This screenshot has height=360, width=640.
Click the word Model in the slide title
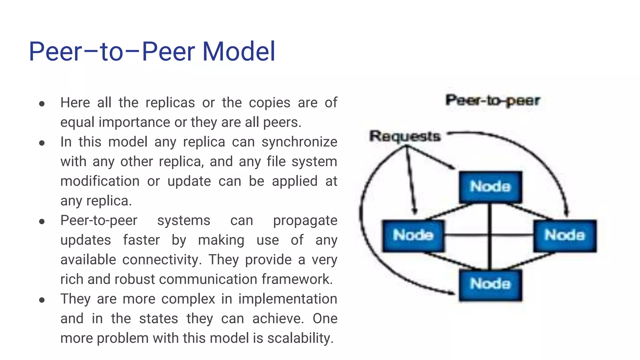239,52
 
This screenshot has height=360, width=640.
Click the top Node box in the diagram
490,187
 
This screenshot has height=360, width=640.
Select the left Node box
413,235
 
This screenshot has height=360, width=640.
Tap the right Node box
565,235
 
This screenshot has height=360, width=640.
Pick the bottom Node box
490,284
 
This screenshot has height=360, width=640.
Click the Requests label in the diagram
405,137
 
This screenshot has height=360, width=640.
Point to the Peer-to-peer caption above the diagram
492,101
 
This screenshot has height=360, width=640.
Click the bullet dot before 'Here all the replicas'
42,104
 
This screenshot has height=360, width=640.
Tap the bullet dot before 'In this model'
42,143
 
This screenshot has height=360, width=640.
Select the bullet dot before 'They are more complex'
42,300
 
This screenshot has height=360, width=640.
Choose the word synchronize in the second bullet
299,142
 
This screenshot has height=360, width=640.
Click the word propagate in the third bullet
305,221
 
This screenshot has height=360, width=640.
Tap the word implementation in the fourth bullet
287,299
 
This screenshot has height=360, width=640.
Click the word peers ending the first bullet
281,122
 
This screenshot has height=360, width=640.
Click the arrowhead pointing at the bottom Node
452,293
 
